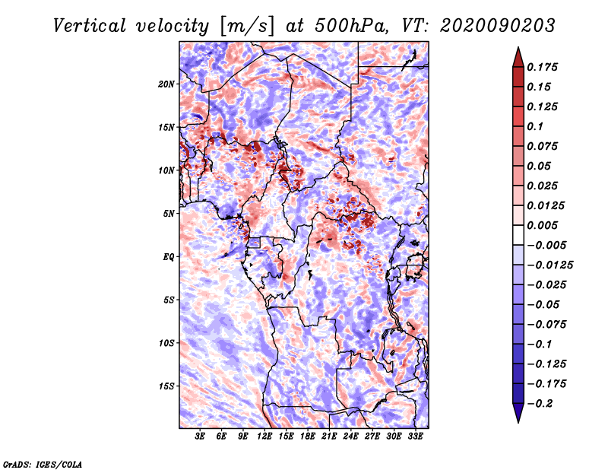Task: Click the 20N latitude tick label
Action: pyautogui.click(x=166, y=84)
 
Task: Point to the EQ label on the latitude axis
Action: pyautogui.click(x=169, y=256)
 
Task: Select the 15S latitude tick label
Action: pyautogui.click(x=166, y=386)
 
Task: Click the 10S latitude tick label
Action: pyautogui.click(x=166, y=343)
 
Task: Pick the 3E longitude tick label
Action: pyautogui.click(x=201, y=437)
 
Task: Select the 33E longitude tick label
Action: pyautogui.click(x=415, y=437)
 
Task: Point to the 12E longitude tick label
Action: pyautogui.click(x=265, y=437)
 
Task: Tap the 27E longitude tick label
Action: pyautogui.click(x=372, y=437)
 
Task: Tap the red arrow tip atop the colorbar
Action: pyautogui.click(x=518, y=53)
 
